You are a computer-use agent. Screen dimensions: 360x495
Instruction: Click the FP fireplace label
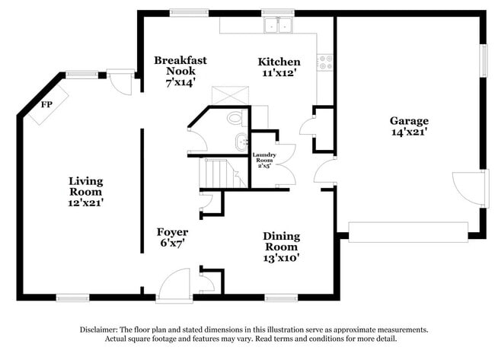coord(46,104)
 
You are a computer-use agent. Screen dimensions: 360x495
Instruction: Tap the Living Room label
coord(85,186)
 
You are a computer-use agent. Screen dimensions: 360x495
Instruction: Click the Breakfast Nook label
coord(180,65)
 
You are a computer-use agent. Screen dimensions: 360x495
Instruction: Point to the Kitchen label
coord(279,61)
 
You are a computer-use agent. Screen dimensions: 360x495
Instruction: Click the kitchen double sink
coord(279,25)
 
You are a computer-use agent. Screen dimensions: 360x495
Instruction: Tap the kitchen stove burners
coord(326,62)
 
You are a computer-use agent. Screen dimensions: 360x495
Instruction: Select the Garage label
coord(409,120)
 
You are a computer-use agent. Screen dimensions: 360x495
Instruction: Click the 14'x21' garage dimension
coord(409,132)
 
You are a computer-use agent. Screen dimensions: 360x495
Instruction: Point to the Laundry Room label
coord(263,158)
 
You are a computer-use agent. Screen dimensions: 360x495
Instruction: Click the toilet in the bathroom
coord(235,118)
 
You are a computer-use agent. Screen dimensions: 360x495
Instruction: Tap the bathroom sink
coord(241,141)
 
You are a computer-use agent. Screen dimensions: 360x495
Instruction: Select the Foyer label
coord(173,231)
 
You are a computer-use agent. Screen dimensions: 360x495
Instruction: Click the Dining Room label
coord(281,241)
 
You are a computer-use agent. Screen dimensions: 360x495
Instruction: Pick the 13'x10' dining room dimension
coord(281,258)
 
